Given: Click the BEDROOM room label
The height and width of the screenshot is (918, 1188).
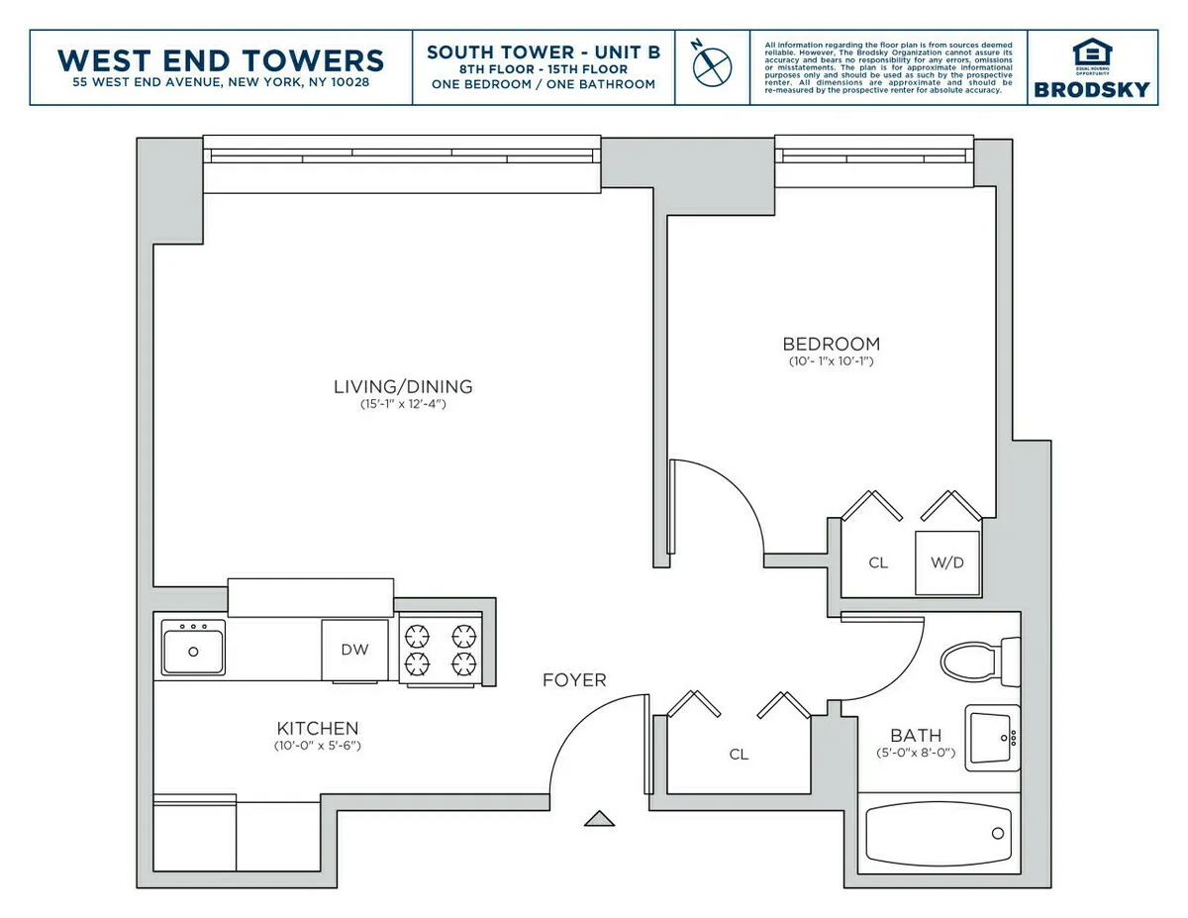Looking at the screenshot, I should pyautogui.click(x=831, y=345).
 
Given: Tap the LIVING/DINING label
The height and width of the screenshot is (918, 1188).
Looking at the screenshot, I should pyautogui.click(x=403, y=387).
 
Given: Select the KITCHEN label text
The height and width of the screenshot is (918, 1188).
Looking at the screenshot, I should pyautogui.click(x=317, y=728).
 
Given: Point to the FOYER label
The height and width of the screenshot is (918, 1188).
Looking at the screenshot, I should pyautogui.click(x=574, y=680).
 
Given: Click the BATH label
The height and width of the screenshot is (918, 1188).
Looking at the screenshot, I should pyautogui.click(x=916, y=736).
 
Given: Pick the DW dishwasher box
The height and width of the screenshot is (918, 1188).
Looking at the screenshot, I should pyautogui.click(x=354, y=651).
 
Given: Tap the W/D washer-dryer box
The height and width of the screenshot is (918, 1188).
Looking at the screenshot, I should pyautogui.click(x=946, y=563).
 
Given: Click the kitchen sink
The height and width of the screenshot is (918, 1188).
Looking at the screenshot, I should pyautogui.click(x=194, y=648).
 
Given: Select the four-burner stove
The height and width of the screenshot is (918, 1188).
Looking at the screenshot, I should pyautogui.click(x=440, y=649).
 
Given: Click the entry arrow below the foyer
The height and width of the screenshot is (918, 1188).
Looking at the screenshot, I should pyautogui.click(x=599, y=818).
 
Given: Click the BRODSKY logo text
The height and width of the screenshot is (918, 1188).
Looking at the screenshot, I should pyautogui.click(x=1092, y=89).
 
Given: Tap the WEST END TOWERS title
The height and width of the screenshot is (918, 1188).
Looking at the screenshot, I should pyautogui.click(x=221, y=59).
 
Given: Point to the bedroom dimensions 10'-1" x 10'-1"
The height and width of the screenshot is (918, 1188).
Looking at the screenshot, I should pyautogui.click(x=831, y=361).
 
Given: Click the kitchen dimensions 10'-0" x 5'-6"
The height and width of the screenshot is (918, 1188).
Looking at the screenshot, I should pyautogui.click(x=317, y=745).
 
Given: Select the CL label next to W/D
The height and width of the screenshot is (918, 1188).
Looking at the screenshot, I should pyautogui.click(x=878, y=563).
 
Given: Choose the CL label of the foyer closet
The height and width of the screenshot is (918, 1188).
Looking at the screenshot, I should pyautogui.click(x=739, y=755).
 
